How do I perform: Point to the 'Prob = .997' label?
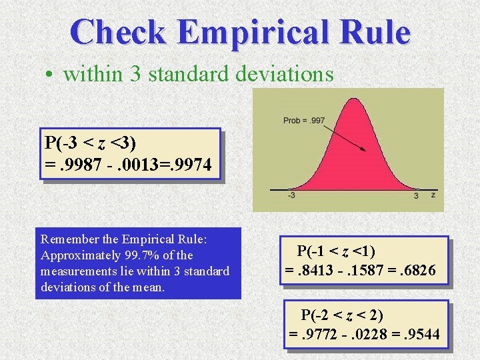click(x=304, y=120)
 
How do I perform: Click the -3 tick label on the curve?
click(x=292, y=195)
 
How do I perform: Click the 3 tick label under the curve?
click(x=416, y=195)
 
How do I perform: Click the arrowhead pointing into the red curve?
click(x=363, y=150)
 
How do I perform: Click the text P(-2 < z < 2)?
click(x=342, y=315)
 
